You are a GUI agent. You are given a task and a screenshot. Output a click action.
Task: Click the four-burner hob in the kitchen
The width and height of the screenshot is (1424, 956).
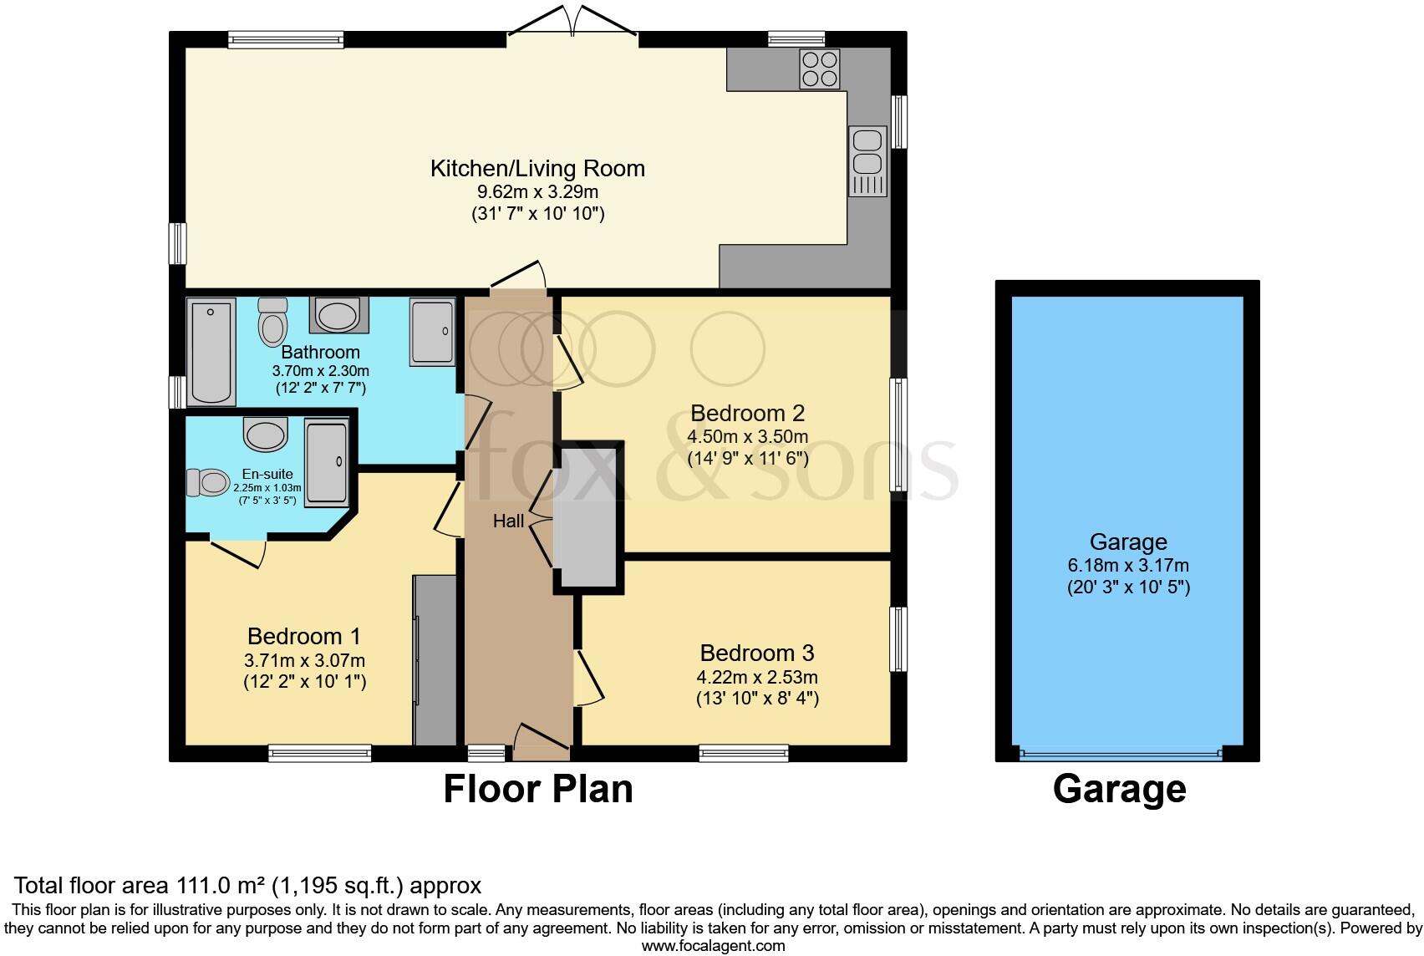pyautogui.click(x=820, y=69)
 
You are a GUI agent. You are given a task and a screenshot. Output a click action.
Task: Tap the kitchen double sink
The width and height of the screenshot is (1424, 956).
pyautogui.click(x=867, y=160)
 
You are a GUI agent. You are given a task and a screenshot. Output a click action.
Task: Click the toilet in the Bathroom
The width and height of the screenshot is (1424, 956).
pyautogui.click(x=272, y=323)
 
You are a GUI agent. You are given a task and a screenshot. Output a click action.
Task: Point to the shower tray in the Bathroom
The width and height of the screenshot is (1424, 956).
pyautogui.click(x=433, y=332)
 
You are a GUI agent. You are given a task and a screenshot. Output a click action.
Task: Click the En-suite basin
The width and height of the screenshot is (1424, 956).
pyautogui.click(x=266, y=435)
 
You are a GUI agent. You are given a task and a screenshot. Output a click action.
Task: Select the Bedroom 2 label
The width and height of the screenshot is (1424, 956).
pyautogui.click(x=747, y=413)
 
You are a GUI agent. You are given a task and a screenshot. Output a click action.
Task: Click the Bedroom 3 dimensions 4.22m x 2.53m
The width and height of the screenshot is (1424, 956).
pyautogui.click(x=756, y=677)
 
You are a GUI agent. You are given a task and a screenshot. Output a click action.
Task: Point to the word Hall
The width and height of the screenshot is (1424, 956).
pyautogui.click(x=508, y=521)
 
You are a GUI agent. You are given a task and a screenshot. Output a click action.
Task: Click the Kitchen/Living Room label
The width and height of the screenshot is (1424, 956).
pyautogui.click(x=537, y=168)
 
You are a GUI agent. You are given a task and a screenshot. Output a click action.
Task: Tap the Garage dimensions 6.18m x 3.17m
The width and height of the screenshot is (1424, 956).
pyautogui.click(x=1127, y=565)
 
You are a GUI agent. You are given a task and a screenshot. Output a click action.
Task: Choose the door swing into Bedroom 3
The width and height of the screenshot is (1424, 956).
pyautogui.click(x=590, y=679)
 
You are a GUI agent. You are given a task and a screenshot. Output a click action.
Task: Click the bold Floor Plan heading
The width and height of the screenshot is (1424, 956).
pyautogui.click(x=537, y=789)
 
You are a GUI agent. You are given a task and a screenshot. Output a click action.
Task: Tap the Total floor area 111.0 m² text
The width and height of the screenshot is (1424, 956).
pyautogui.click(x=247, y=885)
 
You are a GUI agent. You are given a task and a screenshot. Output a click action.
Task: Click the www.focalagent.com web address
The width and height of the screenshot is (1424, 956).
pyautogui.click(x=713, y=946)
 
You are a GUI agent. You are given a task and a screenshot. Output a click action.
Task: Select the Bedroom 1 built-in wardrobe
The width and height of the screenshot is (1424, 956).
pyautogui.click(x=435, y=660)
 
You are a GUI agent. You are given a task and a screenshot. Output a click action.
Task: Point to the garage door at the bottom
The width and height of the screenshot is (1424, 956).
pyautogui.click(x=1121, y=755)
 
